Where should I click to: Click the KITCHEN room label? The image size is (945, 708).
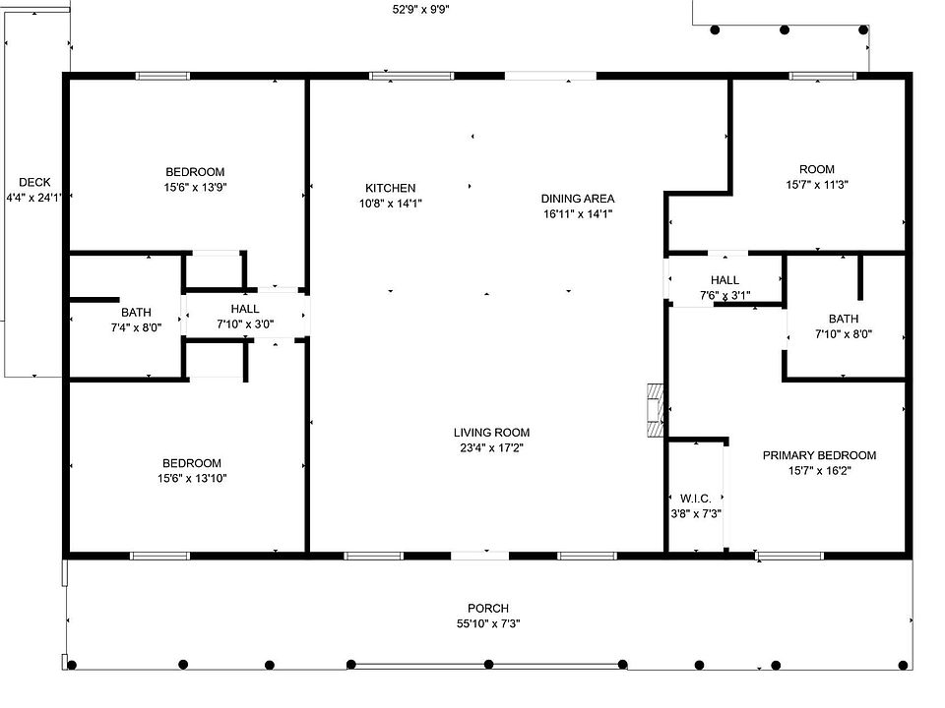coord(390,188)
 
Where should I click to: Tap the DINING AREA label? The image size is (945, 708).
coord(578,198)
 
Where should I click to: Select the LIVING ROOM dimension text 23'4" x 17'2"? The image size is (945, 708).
coord(492,448)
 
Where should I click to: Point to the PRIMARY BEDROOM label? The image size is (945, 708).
coord(819,455)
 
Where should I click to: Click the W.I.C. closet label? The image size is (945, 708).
coord(696,499)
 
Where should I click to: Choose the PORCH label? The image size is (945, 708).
coord(488,608)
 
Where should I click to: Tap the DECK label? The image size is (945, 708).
coord(34,182)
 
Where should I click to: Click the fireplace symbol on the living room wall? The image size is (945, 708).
coord(656,409)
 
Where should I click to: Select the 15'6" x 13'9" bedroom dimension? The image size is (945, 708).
coord(195,187)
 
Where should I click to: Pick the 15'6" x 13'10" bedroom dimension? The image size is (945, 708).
coord(192,479)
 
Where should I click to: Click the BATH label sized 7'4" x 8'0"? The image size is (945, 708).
coord(136,313)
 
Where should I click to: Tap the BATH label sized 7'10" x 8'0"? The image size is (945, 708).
coord(844,319)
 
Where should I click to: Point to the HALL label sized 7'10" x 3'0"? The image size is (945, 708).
coord(245,309)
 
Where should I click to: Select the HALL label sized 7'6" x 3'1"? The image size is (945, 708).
coord(724,280)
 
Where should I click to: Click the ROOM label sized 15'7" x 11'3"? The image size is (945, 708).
coord(817,169)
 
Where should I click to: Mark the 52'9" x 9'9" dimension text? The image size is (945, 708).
coord(421,9)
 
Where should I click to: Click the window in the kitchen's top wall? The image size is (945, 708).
coord(411,76)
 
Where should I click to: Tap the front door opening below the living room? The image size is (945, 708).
coord(479,556)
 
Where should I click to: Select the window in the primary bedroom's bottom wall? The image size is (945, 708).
coord(788,556)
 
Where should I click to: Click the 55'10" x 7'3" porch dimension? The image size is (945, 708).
coord(488,623)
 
